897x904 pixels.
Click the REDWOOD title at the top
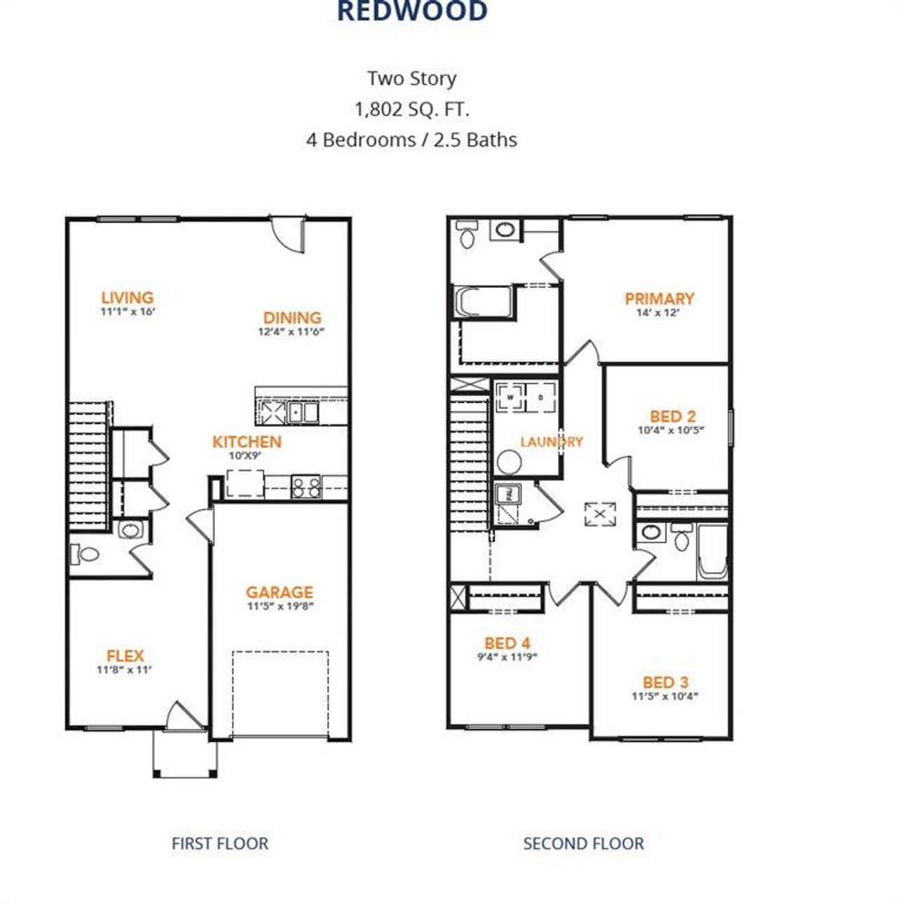pyautogui.click(x=412, y=12)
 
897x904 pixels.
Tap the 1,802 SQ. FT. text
pyautogui.click(x=412, y=109)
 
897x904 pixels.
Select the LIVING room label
pyautogui.click(x=127, y=298)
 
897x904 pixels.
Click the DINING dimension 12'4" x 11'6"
pyautogui.click(x=292, y=332)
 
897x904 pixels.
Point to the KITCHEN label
pyautogui.click(x=247, y=441)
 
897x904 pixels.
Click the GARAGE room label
pyautogui.click(x=279, y=592)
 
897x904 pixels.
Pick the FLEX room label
pyautogui.click(x=125, y=656)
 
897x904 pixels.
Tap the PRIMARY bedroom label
pyautogui.click(x=659, y=299)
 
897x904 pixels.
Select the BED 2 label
pyautogui.click(x=672, y=416)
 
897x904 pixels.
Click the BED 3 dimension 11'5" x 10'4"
pyautogui.click(x=665, y=697)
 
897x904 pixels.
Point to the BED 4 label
pyautogui.click(x=507, y=643)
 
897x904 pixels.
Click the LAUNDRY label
pyautogui.click(x=551, y=441)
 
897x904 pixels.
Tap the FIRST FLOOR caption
pyautogui.click(x=219, y=843)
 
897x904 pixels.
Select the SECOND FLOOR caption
pyautogui.click(x=583, y=843)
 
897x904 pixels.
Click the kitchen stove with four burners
pyautogui.click(x=306, y=486)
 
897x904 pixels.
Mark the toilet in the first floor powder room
pyautogui.click(x=85, y=554)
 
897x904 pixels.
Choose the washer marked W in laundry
pyautogui.click(x=511, y=397)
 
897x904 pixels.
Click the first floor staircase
pyautogui.click(x=88, y=466)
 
